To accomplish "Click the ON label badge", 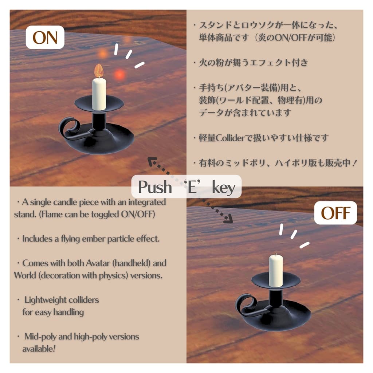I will coord(45,38).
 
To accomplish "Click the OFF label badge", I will coord(335,213).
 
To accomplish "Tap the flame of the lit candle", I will coord(98,71).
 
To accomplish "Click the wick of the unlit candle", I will coord(276,254).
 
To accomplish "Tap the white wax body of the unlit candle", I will coord(276,270).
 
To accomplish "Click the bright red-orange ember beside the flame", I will coord(119,75).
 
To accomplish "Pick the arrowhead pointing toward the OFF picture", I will coord(228,219).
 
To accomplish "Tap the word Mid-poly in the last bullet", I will coord(40,337).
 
